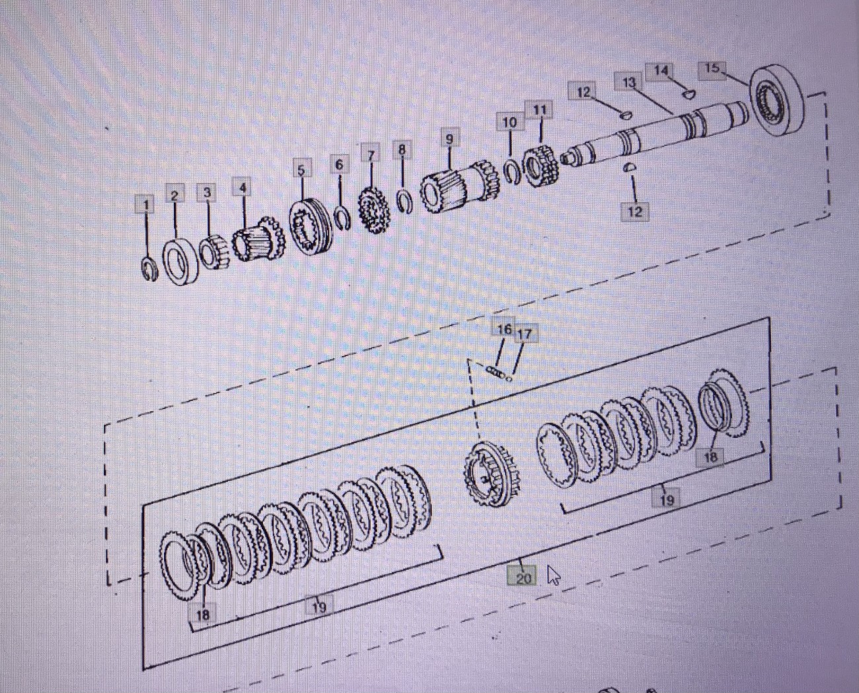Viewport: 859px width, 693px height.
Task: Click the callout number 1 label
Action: pyautogui.click(x=145, y=205)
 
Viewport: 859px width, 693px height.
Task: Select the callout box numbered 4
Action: pyautogui.click(x=243, y=188)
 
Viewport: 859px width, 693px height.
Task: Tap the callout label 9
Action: pyautogui.click(x=449, y=139)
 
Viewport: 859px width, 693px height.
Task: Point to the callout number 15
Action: pyautogui.click(x=711, y=68)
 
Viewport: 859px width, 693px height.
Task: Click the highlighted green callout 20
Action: pyautogui.click(x=523, y=577)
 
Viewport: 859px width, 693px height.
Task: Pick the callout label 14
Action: pyautogui.click(x=661, y=71)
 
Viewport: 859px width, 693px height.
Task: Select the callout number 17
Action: pyautogui.click(x=523, y=334)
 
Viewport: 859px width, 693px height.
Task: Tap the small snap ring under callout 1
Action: pyautogui.click(x=150, y=269)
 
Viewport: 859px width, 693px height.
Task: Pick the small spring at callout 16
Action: pyautogui.click(x=495, y=373)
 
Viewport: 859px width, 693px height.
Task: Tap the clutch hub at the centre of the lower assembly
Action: pyautogui.click(x=492, y=475)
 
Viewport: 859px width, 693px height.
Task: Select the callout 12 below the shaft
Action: pyautogui.click(x=634, y=211)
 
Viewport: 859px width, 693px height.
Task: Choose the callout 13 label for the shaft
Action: pyautogui.click(x=628, y=83)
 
